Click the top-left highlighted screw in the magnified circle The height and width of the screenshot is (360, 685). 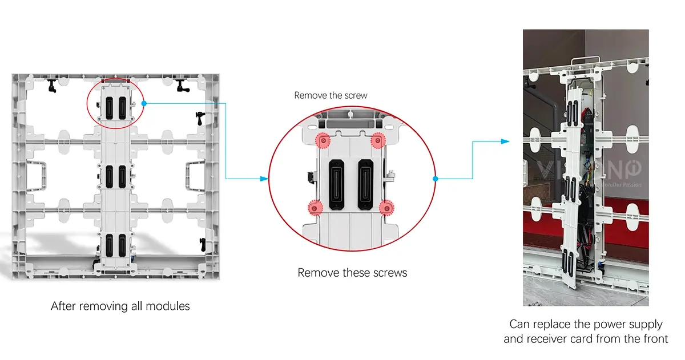pyautogui.click(x=324, y=140)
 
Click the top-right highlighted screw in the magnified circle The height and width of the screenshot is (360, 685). pyautogui.click(x=377, y=140)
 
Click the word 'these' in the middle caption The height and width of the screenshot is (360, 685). pyautogui.click(x=356, y=273)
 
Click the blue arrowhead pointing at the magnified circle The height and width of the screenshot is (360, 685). pyautogui.click(x=264, y=179)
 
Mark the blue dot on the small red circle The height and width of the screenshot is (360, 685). pyautogui.click(x=144, y=103)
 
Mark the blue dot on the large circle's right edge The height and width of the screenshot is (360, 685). pyautogui.click(x=436, y=179)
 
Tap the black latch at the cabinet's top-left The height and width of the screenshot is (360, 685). pyautogui.click(x=52, y=86)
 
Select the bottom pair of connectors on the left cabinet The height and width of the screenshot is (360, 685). pyautogui.click(x=114, y=244)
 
